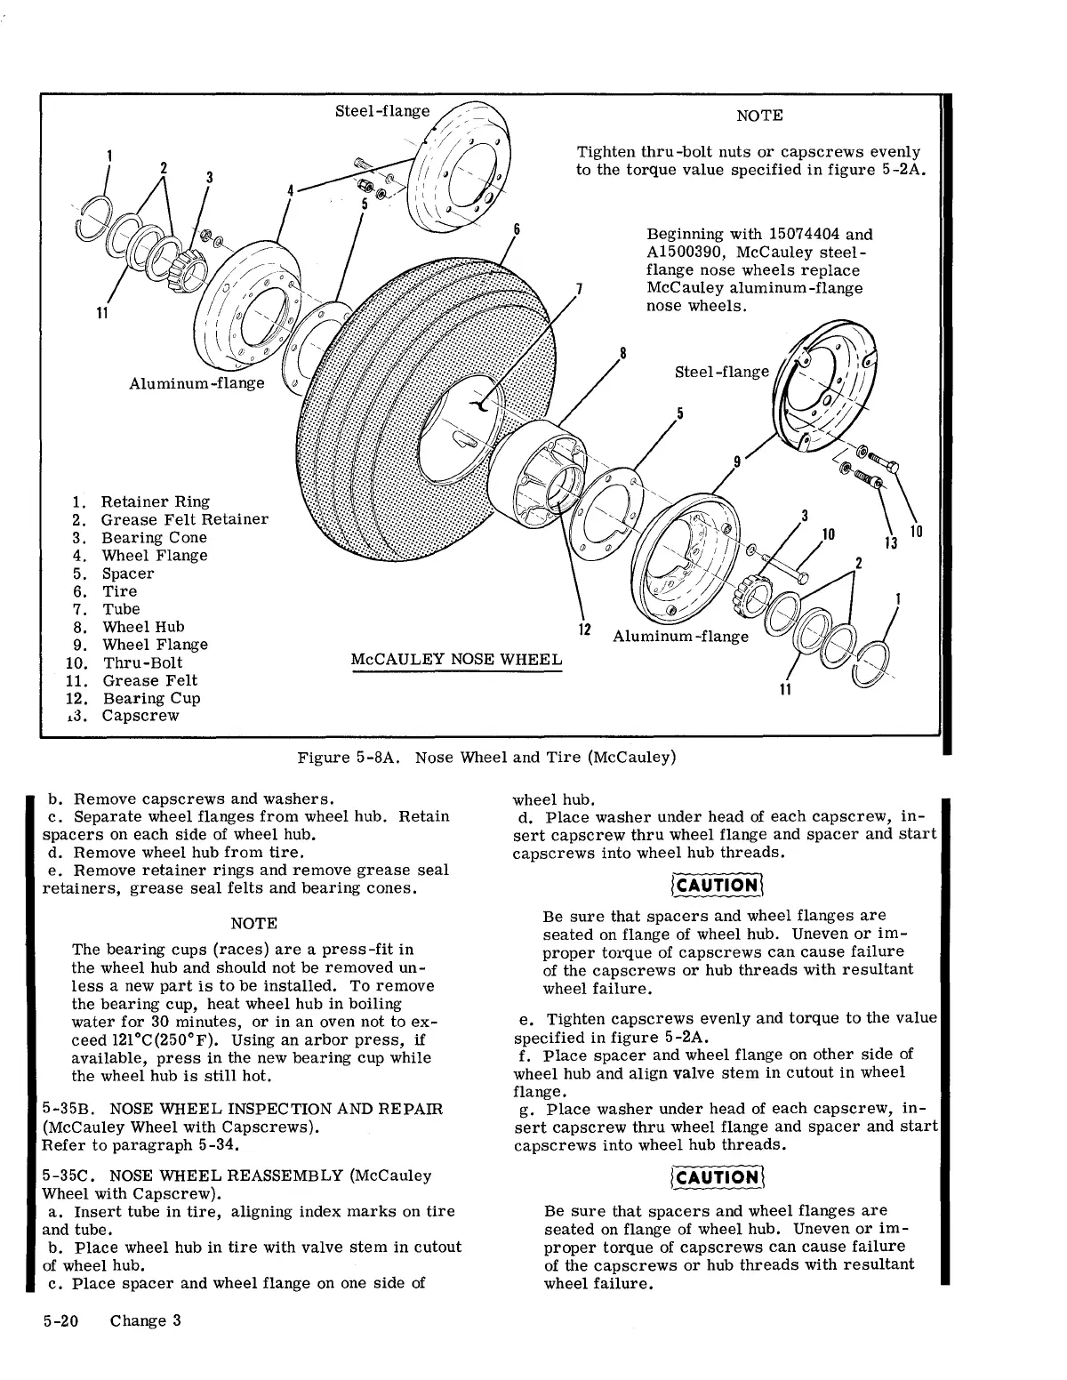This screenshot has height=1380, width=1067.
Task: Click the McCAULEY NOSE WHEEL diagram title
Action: click(x=456, y=660)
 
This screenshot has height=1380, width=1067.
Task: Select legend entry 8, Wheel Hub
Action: click(x=143, y=627)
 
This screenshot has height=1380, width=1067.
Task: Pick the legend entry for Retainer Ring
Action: click(x=155, y=501)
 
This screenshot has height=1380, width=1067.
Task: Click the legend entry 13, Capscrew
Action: click(x=140, y=716)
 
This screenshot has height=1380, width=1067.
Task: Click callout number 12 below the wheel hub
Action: click(x=584, y=630)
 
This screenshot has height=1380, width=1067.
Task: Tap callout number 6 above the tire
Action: click(x=517, y=229)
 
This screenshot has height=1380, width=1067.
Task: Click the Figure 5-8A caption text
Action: click(x=486, y=758)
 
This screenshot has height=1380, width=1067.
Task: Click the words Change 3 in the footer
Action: click(x=146, y=1320)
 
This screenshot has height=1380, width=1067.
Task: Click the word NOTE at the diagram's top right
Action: click(x=760, y=116)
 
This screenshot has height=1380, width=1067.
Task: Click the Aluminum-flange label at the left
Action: click(x=197, y=383)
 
